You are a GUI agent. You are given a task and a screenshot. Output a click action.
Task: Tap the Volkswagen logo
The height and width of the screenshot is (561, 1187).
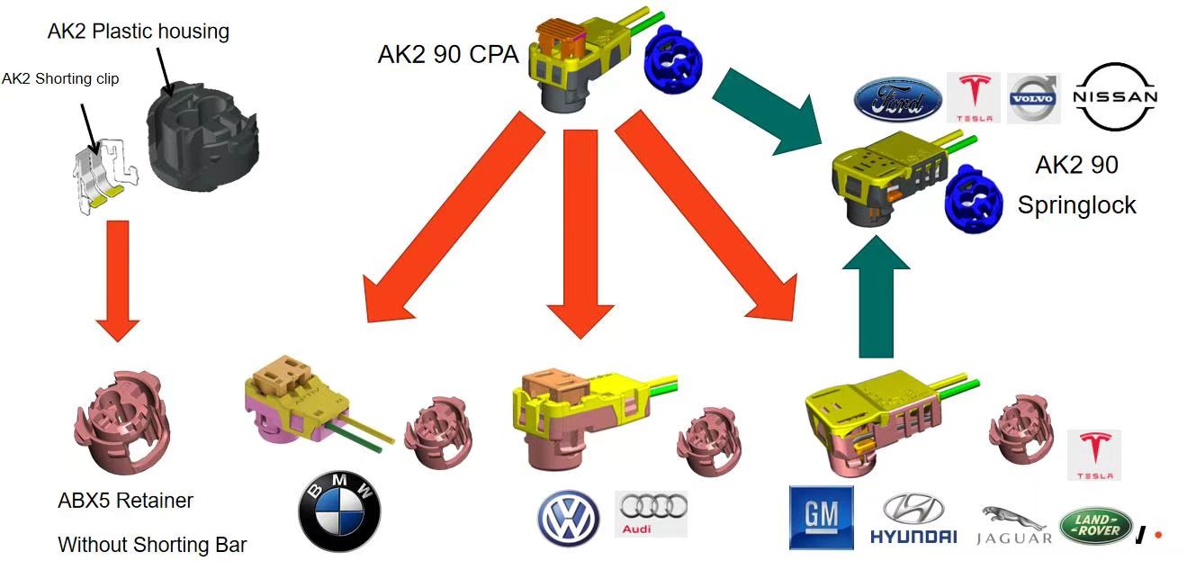coord(569,519)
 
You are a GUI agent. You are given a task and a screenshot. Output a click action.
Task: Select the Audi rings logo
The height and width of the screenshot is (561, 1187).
coord(651,513)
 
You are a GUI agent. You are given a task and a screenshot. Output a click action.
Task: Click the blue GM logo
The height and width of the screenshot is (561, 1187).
coord(821,518)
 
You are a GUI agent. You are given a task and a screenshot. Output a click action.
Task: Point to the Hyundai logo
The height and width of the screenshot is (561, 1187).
coord(913,520)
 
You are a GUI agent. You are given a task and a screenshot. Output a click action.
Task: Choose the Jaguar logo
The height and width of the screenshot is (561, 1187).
coord(1013,526)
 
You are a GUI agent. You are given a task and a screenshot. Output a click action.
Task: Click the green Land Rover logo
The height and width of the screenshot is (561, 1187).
coord(1095,526)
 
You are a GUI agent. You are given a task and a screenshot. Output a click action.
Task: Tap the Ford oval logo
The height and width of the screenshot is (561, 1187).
coord(897,100)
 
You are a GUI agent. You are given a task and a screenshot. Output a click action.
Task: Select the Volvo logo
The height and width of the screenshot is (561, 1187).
coord(1034,98)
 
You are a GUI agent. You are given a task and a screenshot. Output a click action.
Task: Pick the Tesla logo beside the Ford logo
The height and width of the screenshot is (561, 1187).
coord(974,97)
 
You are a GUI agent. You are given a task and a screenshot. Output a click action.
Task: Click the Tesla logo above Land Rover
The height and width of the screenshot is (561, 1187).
coord(1094,455)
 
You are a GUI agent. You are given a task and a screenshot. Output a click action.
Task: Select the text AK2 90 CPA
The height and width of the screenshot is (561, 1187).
coord(447,55)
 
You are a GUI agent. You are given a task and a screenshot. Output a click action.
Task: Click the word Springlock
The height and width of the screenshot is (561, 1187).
coord(1076,205)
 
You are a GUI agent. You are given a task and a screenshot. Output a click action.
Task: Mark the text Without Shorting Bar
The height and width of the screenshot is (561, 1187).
coord(152,544)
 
